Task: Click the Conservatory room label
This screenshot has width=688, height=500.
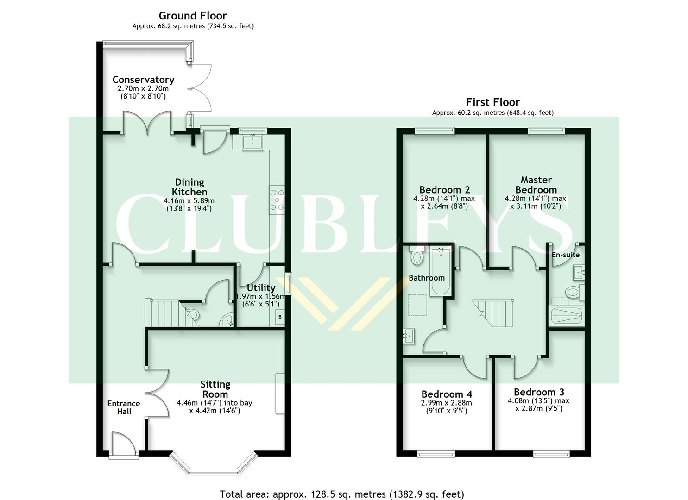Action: pyautogui.click(x=143, y=80)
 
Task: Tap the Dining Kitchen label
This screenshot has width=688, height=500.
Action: pyautogui.click(x=189, y=187)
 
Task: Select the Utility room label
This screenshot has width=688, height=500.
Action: pyautogui.click(x=261, y=288)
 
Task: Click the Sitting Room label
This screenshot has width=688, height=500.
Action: pyautogui.click(x=215, y=389)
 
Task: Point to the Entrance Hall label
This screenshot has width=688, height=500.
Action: pyautogui.click(x=123, y=407)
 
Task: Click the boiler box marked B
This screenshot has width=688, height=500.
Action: pyautogui.click(x=279, y=318)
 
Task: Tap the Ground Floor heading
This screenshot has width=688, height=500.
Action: pyautogui.click(x=193, y=16)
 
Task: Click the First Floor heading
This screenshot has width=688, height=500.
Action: pyautogui.click(x=492, y=102)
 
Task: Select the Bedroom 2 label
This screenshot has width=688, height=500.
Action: pyautogui.click(x=444, y=190)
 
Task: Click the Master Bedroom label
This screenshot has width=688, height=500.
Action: pyautogui.click(x=536, y=185)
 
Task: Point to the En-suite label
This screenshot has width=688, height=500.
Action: pyautogui.click(x=565, y=255)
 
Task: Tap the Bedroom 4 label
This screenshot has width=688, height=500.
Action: pyautogui.click(x=446, y=394)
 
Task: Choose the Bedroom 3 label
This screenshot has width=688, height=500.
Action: pyautogui.click(x=538, y=392)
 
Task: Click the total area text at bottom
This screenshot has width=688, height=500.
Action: pyautogui.click(x=341, y=494)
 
